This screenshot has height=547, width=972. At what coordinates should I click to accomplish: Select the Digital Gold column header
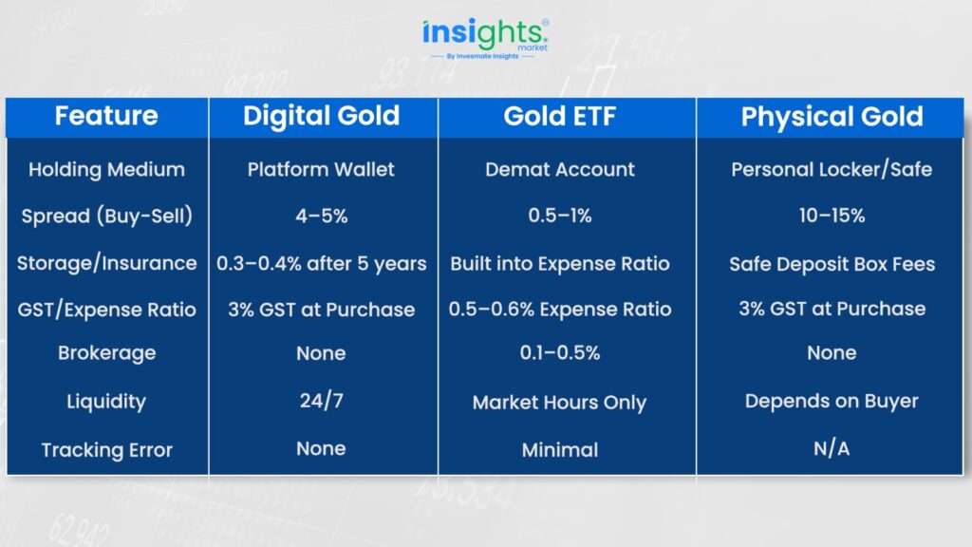tap(321, 117)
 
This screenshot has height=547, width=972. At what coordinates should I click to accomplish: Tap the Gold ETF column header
tap(559, 116)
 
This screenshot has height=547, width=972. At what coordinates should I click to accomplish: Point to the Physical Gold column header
tap(832, 117)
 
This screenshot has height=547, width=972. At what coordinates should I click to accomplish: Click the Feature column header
tap(106, 116)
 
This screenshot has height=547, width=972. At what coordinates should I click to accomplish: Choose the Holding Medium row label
tap(106, 169)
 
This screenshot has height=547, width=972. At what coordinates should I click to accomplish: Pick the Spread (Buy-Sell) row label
tap(106, 216)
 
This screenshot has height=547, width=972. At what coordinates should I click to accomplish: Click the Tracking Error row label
tap(106, 449)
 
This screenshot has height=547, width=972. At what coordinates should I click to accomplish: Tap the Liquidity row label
tap(106, 402)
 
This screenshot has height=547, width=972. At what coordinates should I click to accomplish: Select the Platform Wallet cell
tap(321, 169)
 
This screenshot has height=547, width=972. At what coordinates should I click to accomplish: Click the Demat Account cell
tap(560, 169)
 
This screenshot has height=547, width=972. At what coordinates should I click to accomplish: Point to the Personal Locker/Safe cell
tap(832, 169)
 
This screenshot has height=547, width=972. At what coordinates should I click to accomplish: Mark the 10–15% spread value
tap(832, 216)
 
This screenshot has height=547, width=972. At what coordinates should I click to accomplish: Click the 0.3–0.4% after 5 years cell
tap(321, 264)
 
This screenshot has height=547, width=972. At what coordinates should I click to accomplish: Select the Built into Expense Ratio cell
tap(560, 264)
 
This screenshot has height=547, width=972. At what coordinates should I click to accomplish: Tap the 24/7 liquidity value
tap(321, 401)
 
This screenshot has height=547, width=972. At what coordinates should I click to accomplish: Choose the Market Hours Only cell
tap(559, 403)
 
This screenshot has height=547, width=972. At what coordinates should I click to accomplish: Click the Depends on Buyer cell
tap(832, 402)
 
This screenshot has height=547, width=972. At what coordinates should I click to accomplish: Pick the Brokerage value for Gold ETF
tap(560, 353)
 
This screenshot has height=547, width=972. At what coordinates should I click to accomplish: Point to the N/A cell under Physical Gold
tap(832, 448)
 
